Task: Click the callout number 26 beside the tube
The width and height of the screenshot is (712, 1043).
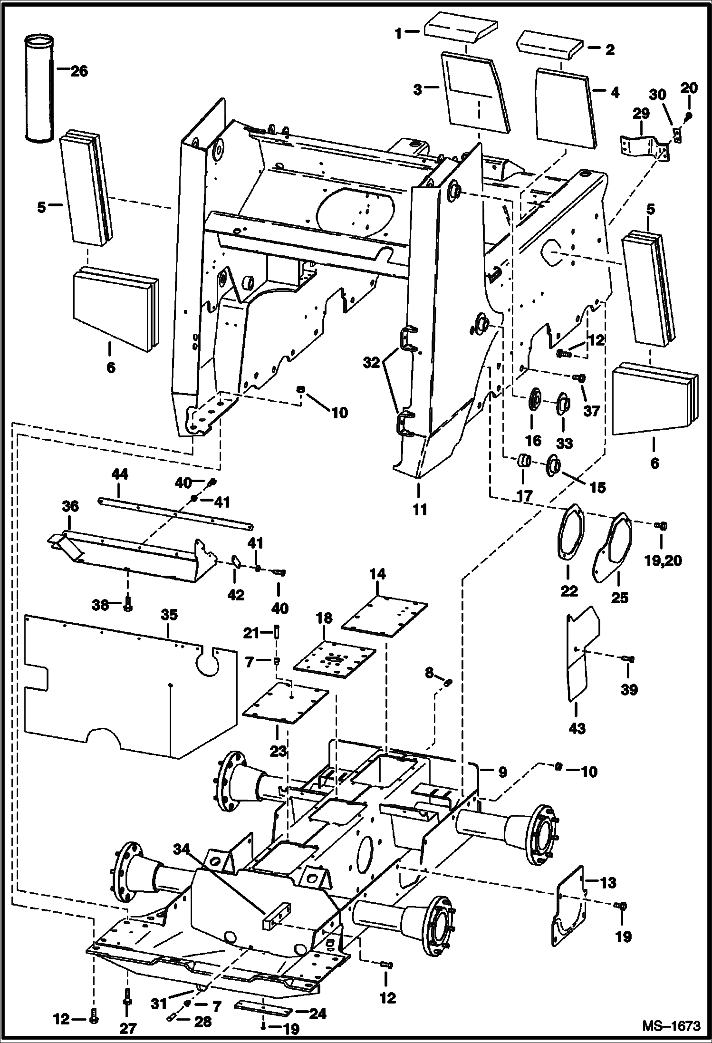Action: [x=79, y=71]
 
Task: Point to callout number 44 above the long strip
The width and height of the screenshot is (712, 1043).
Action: [x=120, y=474]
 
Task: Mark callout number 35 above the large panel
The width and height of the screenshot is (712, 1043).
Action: [x=169, y=615]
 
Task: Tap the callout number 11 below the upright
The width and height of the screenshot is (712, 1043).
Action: [x=420, y=509]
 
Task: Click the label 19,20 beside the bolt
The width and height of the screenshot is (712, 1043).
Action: [x=663, y=561]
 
